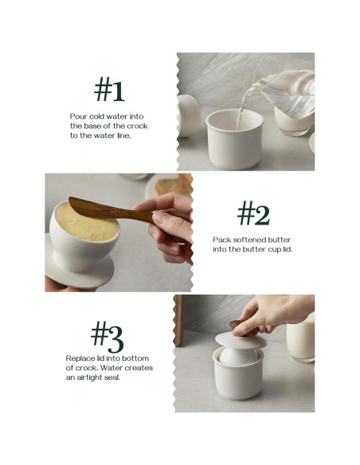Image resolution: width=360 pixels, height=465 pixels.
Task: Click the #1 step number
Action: coord(109,89)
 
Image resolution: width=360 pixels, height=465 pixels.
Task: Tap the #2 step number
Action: coord(253,213)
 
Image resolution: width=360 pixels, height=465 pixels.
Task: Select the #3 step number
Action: coord(107,337)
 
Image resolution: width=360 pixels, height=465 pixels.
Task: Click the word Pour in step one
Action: coord(79,116)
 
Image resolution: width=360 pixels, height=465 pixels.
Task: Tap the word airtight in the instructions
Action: coord(89,377)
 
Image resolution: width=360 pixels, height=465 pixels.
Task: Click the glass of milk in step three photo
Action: coord(300,338)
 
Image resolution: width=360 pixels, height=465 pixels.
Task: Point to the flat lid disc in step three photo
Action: coord(241,340)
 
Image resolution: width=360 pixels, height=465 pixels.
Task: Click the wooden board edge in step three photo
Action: coord(178,320)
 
